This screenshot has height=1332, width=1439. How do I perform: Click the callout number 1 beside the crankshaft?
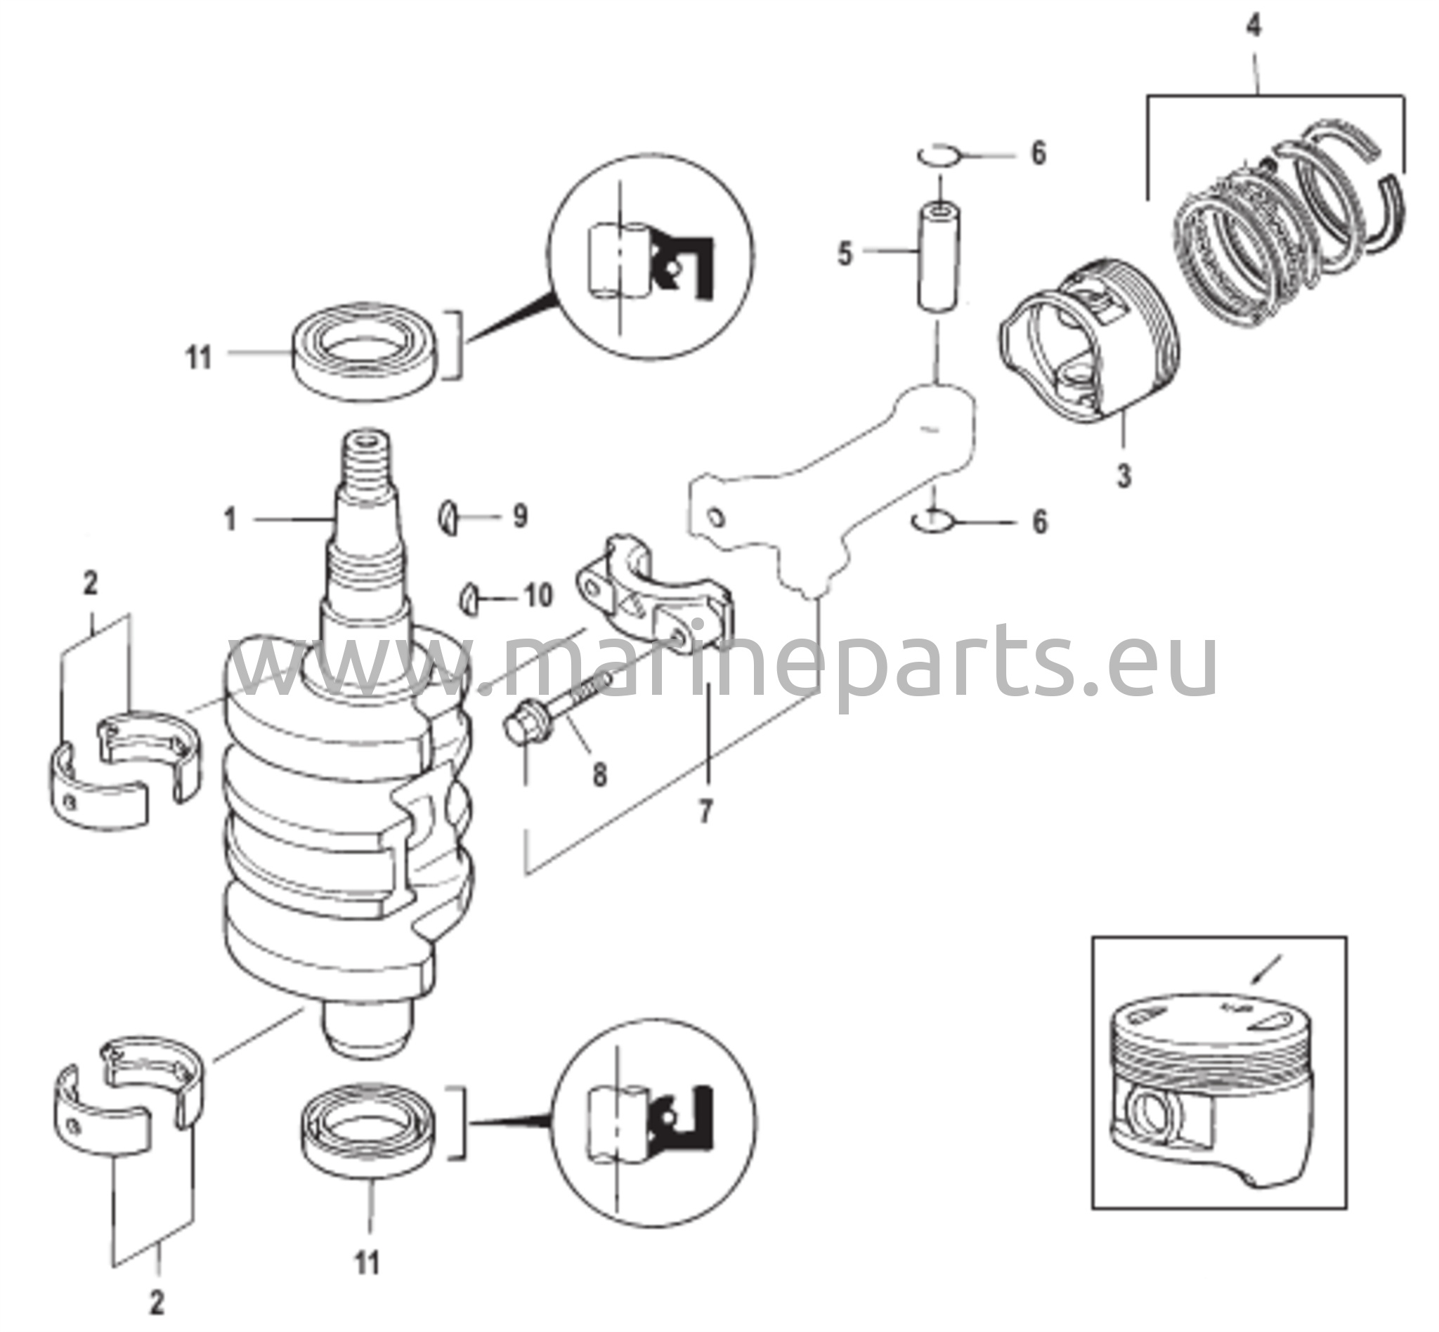click(x=230, y=520)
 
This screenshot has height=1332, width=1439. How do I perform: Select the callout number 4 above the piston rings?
click(x=1254, y=27)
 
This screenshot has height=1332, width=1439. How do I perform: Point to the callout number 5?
click(x=845, y=254)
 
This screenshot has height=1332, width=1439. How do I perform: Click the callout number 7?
click(x=705, y=811)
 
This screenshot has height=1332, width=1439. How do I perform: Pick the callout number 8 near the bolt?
click(x=599, y=775)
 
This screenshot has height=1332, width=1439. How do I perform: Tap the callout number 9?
click(x=520, y=516)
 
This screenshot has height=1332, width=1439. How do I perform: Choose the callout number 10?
click(x=538, y=595)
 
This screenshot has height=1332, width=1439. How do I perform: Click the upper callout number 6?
click(x=1037, y=154)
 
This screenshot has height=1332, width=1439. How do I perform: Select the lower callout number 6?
click(x=1039, y=523)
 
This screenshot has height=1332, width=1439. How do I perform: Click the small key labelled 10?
click(x=470, y=598)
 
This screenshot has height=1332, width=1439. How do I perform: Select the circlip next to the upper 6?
click(x=938, y=155)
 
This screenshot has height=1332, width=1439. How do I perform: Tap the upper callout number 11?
click(x=199, y=358)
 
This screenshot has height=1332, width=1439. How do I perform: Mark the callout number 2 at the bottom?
click(x=157, y=1302)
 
